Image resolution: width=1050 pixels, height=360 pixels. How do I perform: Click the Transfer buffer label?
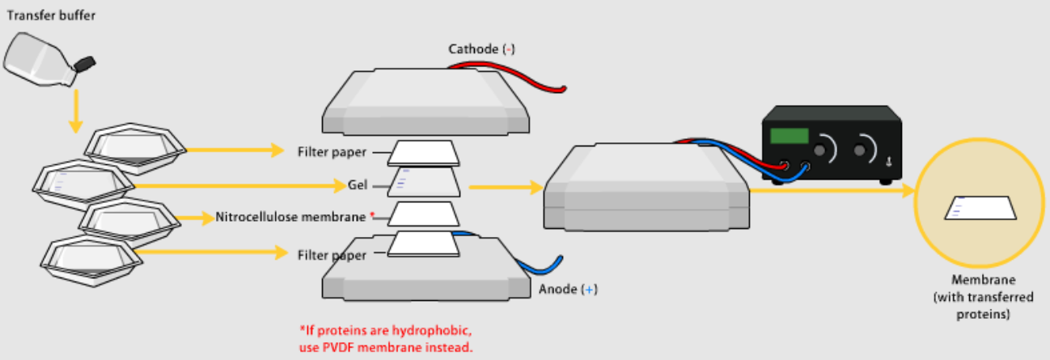pos(45,15)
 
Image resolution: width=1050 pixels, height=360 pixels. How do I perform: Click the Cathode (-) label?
pos(482,49)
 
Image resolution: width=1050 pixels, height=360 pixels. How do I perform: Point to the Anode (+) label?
pos(568,289)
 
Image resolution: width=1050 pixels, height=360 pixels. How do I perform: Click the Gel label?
pos(358,185)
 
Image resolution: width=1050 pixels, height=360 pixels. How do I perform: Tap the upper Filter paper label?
pos(332,151)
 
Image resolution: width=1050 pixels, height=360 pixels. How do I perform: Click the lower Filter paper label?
pos(332,255)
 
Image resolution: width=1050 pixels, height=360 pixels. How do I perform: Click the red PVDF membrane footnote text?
pos(385,340)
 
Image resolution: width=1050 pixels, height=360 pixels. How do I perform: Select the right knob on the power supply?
pos(865,148)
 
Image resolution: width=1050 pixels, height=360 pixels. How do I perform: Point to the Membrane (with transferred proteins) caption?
pos(971,297)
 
